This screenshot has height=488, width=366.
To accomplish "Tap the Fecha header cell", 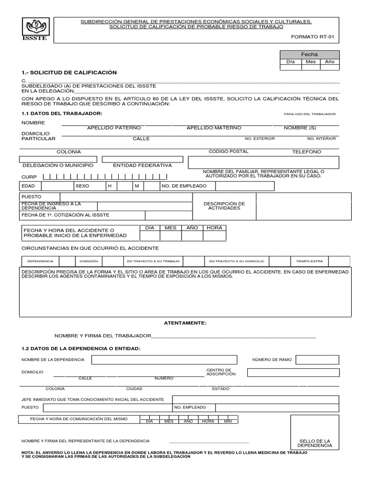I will [309, 54].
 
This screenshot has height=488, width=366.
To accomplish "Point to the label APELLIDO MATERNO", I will [214, 128].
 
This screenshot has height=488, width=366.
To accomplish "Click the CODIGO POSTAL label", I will [229, 152].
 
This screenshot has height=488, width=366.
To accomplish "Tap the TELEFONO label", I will [306, 152].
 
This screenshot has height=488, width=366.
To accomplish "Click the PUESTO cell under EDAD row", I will [40, 197].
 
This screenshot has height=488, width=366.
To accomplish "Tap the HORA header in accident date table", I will [214, 228].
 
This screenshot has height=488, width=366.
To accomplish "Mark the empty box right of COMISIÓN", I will [113, 261].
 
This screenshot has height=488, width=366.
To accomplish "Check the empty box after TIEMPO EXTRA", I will [339, 261].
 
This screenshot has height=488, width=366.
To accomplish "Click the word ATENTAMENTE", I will [185, 323].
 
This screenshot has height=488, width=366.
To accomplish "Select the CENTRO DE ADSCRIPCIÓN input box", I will [293, 372].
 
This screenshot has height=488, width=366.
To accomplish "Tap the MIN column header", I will [228, 421].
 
